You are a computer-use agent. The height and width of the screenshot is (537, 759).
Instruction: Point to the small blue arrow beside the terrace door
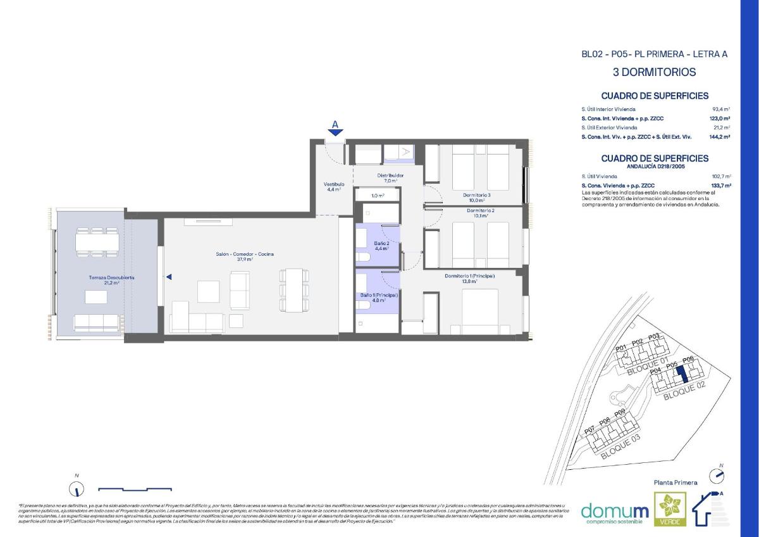pyautogui.click(x=169, y=277)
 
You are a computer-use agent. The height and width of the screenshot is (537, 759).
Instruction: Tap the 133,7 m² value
pyautogui.click(x=720, y=186)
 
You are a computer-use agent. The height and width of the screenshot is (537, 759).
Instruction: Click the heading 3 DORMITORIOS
pyautogui.click(x=654, y=72)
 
